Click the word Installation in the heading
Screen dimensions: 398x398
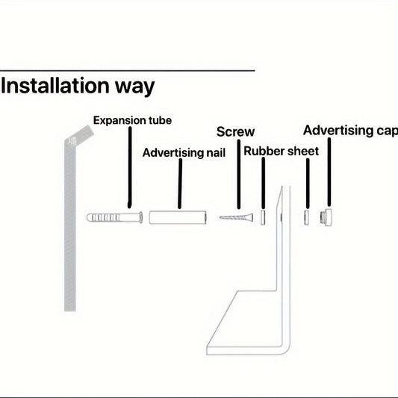click(x=55, y=86)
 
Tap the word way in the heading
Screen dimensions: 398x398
click(x=134, y=87)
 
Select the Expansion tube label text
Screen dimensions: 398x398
click(x=132, y=120)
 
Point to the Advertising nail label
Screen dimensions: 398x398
click(x=184, y=152)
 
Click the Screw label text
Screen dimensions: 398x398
click(x=235, y=131)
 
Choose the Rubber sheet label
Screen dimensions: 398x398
click(x=281, y=152)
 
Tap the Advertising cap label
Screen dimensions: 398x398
click(x=350, y=131)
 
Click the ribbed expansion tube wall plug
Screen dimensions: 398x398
click(x=114, y=217)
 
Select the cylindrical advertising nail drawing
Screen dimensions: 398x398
click(x=178, y=217)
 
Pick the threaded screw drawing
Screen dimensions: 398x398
click(x=236, y=217)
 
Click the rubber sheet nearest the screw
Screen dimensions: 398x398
click(x=263, y=217)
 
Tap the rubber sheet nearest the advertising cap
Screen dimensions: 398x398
click(x=307, y=217)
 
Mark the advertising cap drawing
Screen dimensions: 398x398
click(x=326, y=217)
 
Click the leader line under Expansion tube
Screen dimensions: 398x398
click(x=130, y=167)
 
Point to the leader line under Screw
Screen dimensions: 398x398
click(x=239, y=175)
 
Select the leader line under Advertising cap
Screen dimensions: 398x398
click(x=329, y=172)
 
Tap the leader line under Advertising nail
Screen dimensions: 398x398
click(x=180, y=184)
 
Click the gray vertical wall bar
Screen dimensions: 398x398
click(x=70, y=223)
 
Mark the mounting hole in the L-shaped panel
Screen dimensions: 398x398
click(x=282, y=217)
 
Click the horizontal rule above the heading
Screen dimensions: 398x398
click(x=128, y=70)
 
